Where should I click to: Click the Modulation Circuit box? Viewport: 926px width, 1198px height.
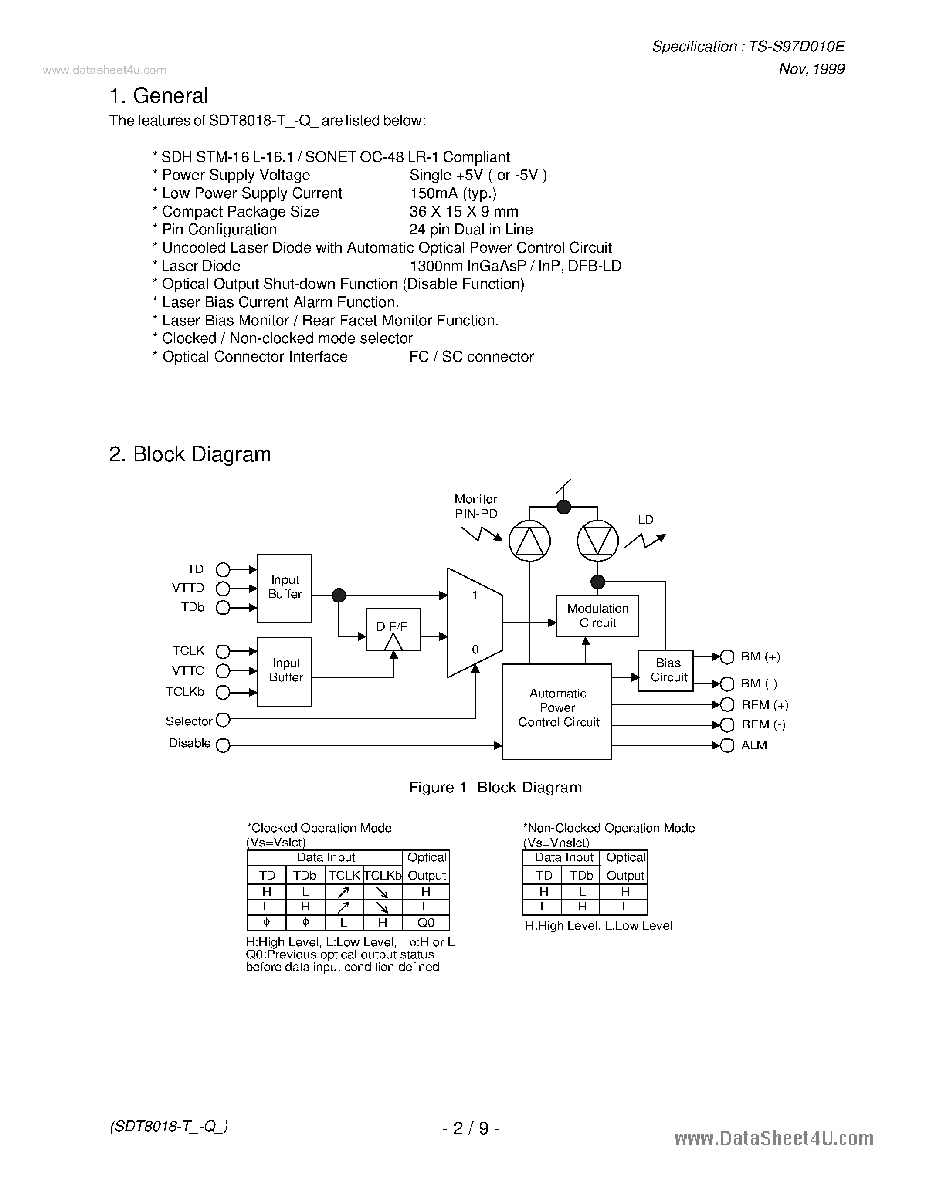(597, 616)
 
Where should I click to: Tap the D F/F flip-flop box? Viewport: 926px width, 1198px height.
(393, 629)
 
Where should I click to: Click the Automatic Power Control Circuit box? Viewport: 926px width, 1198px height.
(556, 711)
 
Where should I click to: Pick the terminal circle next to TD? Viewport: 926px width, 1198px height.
(223, 569)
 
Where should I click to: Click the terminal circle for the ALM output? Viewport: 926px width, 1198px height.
(727, 745)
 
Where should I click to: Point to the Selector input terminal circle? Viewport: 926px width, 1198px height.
(223, 719)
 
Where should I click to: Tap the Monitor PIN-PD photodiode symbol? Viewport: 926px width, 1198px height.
(529, 541)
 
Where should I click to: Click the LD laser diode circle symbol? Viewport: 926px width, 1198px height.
(597, 541)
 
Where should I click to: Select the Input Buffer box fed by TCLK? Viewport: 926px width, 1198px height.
(284, 671)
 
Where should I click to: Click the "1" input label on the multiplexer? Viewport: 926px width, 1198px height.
(475, 595)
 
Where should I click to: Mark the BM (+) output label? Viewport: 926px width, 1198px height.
(760, 657)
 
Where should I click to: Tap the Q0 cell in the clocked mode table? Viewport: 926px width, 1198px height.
(426, 922)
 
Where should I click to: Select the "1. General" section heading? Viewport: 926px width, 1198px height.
(159, 96)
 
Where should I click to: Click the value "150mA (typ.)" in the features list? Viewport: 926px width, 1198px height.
(453, 193)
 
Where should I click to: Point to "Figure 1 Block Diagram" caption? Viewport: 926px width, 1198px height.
(495, 787)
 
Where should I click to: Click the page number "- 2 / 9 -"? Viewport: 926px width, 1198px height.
(471, 1128)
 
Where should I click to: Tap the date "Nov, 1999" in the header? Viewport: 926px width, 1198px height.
(811, 69)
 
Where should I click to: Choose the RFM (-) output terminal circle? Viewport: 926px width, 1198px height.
(727, 725)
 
